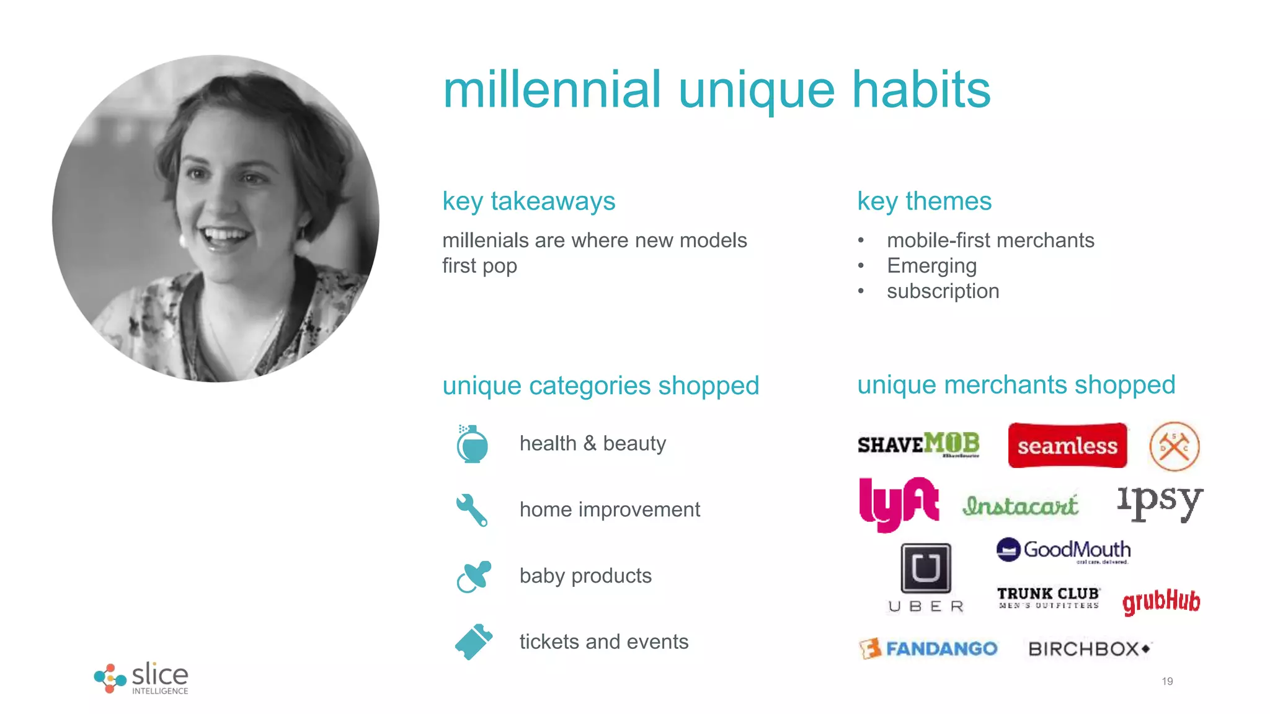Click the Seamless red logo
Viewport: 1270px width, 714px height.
[x=1067, y=445]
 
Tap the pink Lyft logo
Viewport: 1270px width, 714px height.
[x=899, y=503]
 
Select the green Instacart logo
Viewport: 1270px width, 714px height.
[x=1021, y=506]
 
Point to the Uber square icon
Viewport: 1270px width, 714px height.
[x=926, y=568]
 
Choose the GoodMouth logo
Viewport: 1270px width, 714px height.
[x=1064, y=550]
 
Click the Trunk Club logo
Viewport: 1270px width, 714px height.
[x=1048, y=597]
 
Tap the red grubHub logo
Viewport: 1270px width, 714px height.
[x=1161, y=601]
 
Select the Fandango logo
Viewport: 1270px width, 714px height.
[x=928, y=648]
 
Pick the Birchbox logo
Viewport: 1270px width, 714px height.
[x=1089, y=649]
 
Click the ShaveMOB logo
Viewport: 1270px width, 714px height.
[x=918, y=444]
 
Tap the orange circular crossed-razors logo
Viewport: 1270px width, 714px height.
[x=1174, y=446]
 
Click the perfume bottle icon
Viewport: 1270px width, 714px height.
[x=472, y=444]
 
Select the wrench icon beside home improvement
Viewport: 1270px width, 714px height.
[x=472, y=510]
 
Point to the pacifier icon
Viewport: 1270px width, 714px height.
[x=474, y=576]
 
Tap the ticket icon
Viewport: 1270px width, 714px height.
[x=474, y=641]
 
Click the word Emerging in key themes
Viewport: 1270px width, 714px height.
[x=931, y=266]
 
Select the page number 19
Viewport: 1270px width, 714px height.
[x=1167, y=681]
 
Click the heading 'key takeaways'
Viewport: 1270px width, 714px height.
[x=528, y=201]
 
